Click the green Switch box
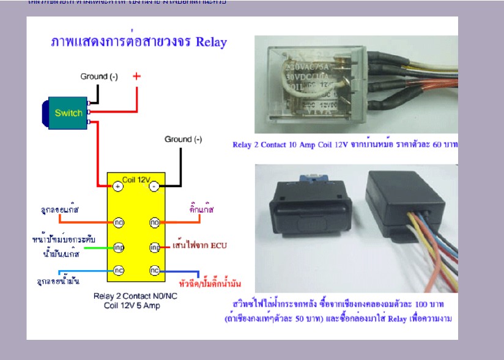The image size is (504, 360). (x=68, y=113)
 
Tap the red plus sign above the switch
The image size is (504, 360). (x=136, y=76)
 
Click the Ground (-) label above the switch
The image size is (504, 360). (x=99, y=77)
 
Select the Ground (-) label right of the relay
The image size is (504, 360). (x=183, y=139)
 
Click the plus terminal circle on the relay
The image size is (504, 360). (x=117, y=185)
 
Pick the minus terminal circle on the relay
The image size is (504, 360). (x=155, y=185)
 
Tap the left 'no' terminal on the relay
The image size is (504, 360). (x=118, y=223)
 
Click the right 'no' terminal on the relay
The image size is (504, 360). (x=155, y=223)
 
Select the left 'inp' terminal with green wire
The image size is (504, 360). (x=118, y=248)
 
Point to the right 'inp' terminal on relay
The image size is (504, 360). (x=155, y=248)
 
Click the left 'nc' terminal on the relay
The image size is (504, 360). (x=118, y=270)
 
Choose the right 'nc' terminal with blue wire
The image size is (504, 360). (x=155, y=270)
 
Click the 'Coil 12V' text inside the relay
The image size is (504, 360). (x=136, y=179)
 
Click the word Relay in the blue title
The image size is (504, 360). (x=211, y=42)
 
